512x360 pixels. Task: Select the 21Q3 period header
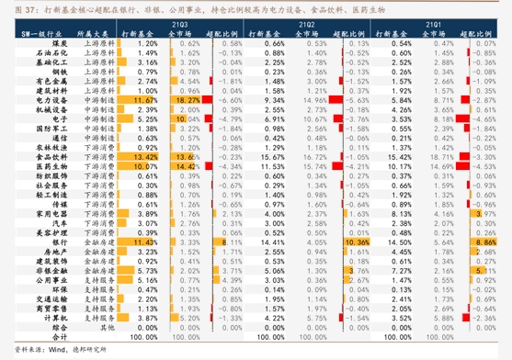click(175, 20)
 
